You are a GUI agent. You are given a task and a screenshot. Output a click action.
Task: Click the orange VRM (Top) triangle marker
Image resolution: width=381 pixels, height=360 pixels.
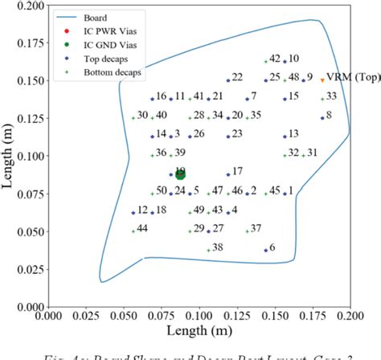[322, 80]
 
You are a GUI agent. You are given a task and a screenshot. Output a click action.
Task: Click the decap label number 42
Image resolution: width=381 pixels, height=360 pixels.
[275, 59]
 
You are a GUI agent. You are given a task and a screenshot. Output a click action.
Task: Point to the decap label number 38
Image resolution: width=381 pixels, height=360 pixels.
[218, 247]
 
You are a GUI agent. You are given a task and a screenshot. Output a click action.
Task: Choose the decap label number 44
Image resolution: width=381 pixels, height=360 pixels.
[142, 228]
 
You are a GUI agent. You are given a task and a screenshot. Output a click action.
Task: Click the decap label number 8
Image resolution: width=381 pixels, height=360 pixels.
[328, 116]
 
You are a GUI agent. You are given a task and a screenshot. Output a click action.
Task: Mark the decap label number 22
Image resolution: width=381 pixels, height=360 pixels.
[236, 78]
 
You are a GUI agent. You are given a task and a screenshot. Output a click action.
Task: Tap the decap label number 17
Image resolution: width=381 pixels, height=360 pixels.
[237, 171]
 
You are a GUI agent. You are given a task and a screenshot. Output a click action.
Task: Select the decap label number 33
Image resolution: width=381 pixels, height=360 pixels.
[331, 96]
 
